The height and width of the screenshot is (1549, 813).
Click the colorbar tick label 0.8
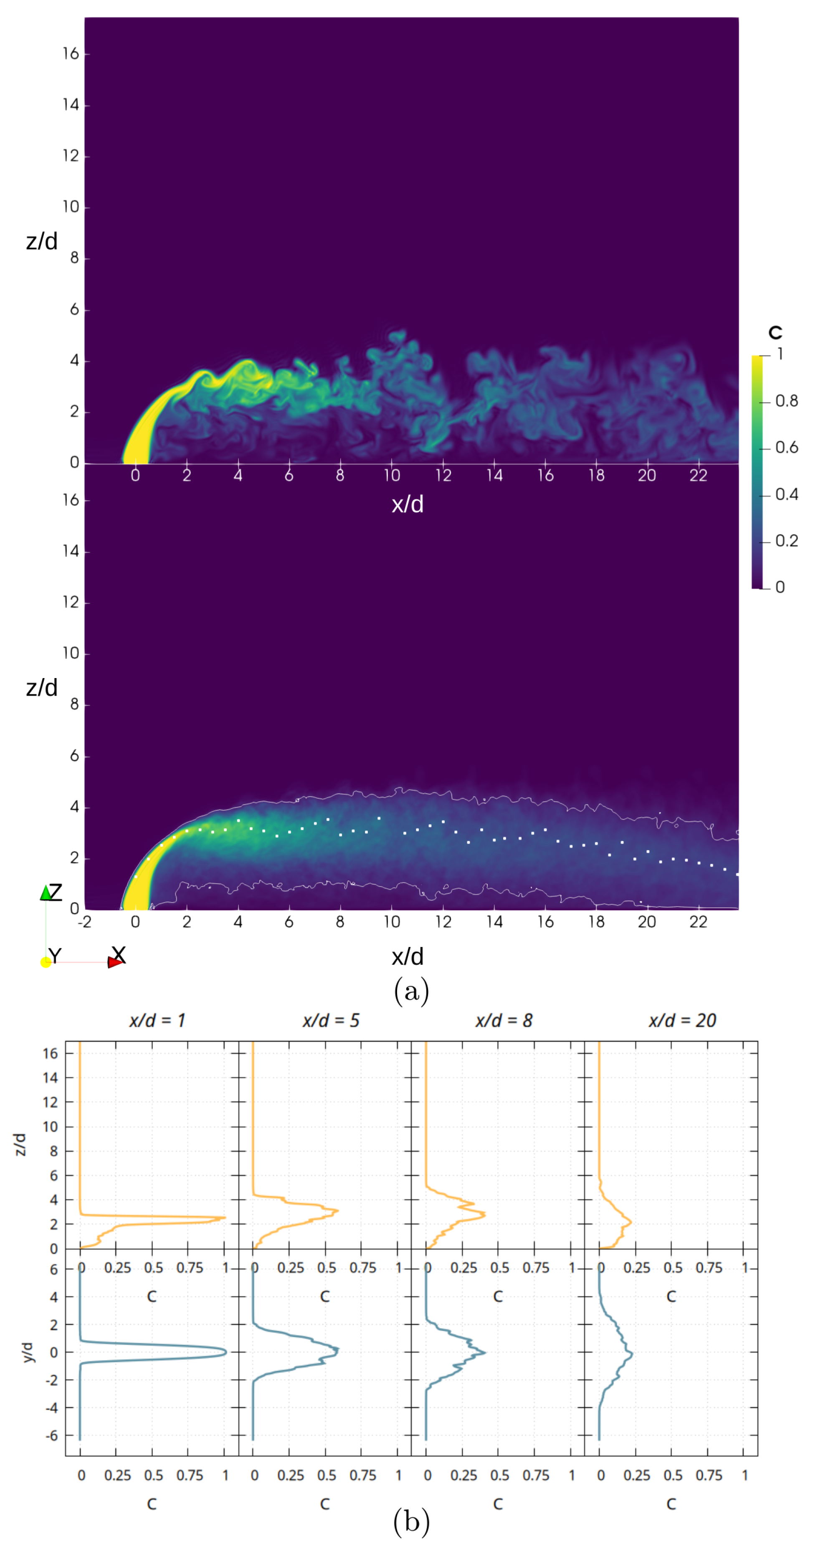[x=786, y=401]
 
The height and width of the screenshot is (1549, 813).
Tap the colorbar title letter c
[x=775, y=332]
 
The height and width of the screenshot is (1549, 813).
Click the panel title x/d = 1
[x=157, y=1020]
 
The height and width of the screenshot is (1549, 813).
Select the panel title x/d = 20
[x=682, y=1020]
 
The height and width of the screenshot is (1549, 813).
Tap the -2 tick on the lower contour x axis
[x=84, y=922]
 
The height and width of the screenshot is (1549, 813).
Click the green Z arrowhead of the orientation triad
[x=46, y=893]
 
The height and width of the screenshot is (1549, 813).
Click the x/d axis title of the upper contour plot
[x=407, y=504]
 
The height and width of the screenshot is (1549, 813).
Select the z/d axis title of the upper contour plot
[x=41, y=241]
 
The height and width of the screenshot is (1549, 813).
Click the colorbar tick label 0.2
[x=786, y=541]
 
